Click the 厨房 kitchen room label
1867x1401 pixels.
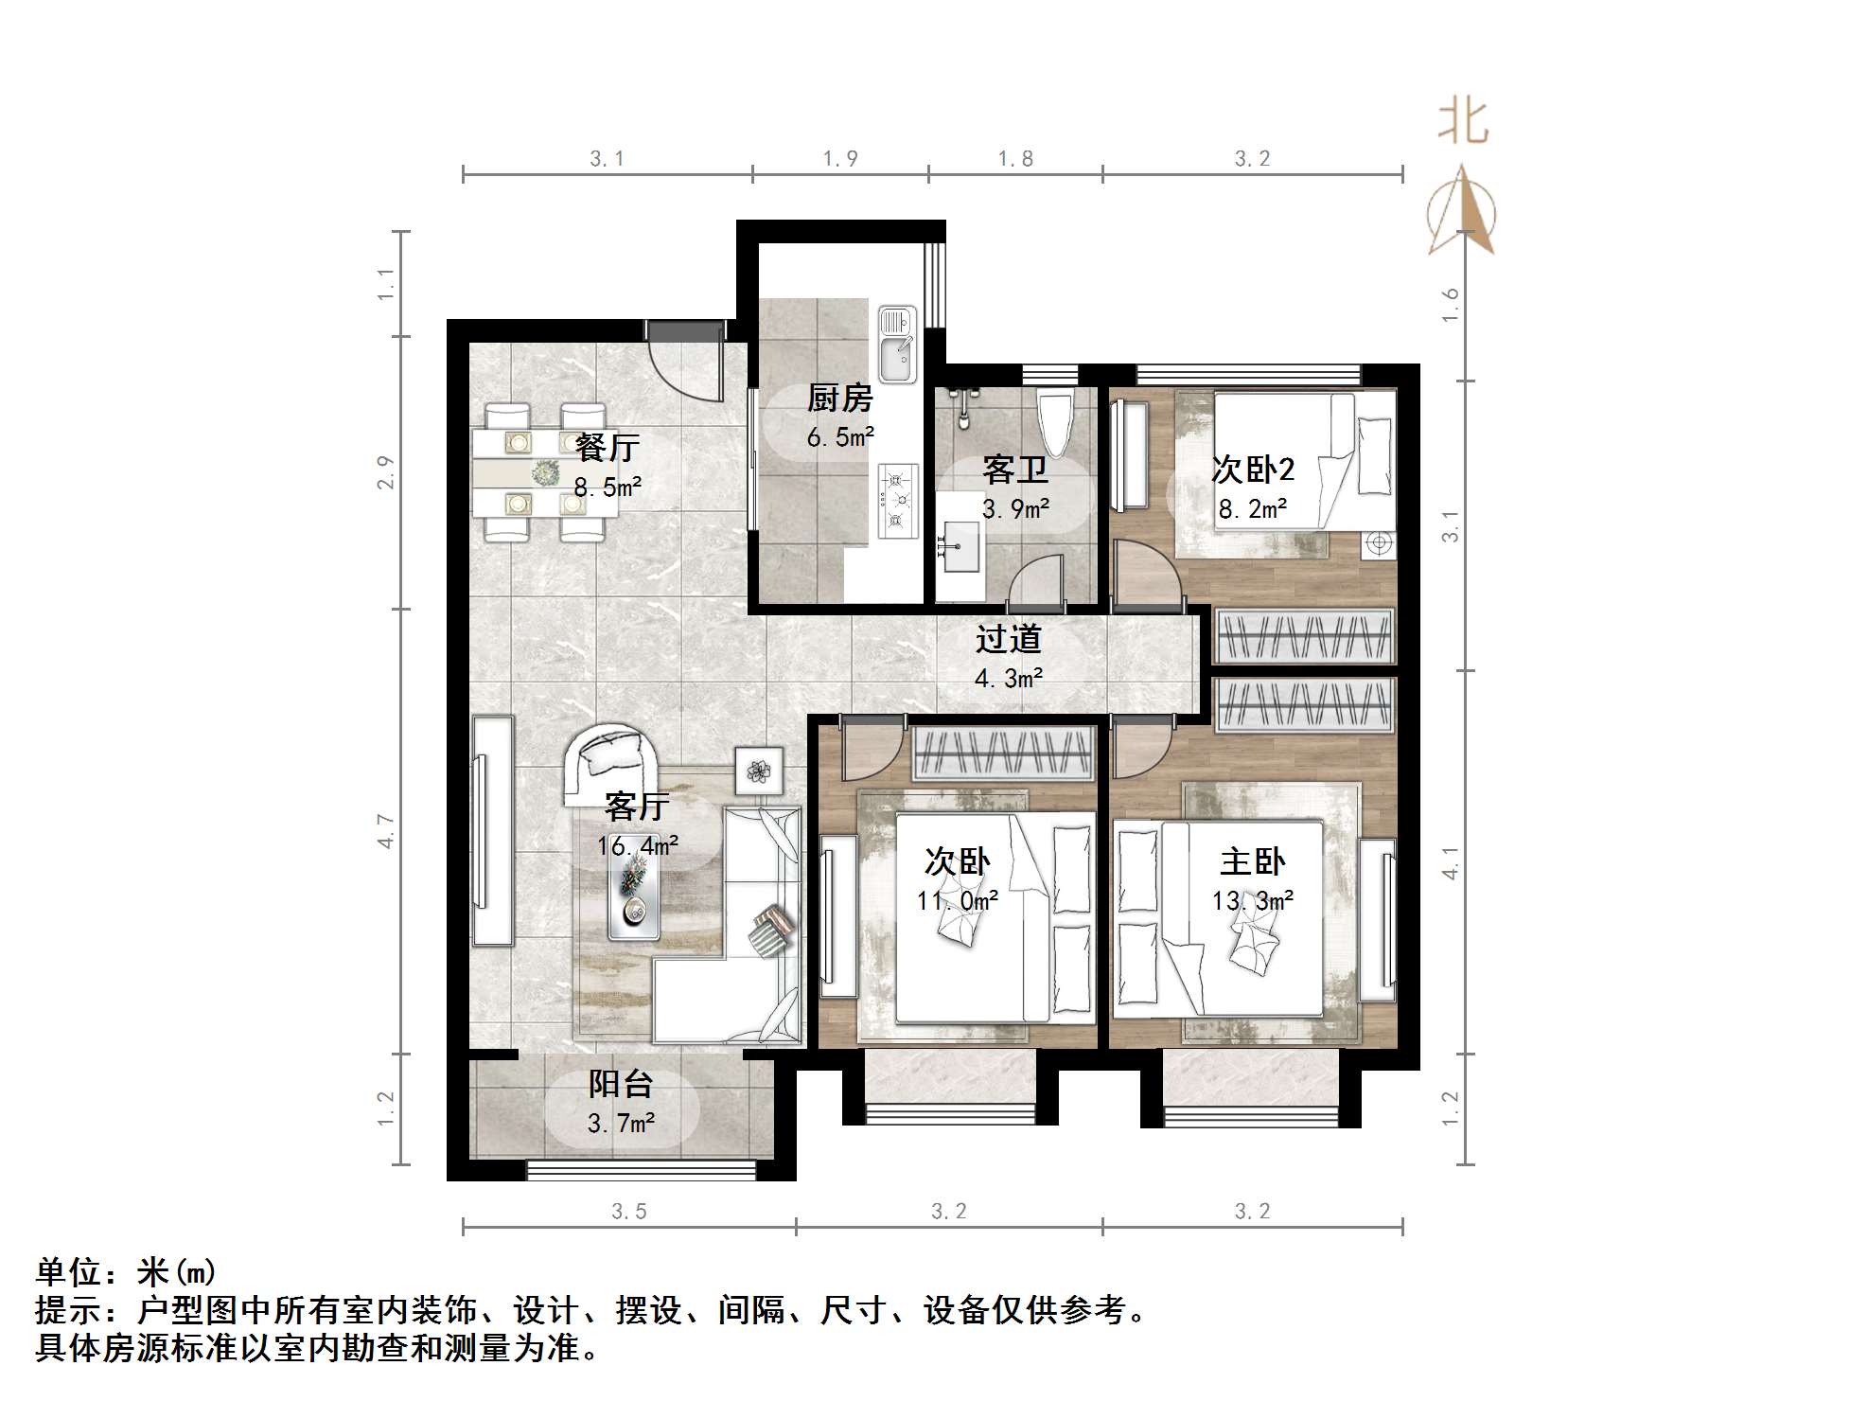[x=839, y=399]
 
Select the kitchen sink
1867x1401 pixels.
[x=897, y=345]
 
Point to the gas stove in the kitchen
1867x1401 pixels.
[x=897, y=499]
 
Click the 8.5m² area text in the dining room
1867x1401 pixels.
[x=608, y=488]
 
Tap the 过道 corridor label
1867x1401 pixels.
[x=1009, y=640]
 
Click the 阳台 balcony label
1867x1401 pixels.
[x=621, y=1084]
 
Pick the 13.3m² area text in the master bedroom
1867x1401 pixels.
[x=1253, y=901]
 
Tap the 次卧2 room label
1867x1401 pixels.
[x=1253, y=470]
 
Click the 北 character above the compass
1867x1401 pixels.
[x=1463, y=123]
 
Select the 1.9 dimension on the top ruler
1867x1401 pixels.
[x=840, y=159]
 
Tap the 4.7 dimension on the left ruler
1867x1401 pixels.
[x=386, y=831]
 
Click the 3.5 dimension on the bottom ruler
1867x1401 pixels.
[x=628, y=1212]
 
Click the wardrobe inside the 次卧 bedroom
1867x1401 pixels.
[x=1002, y=754]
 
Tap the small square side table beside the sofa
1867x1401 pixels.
[x=759, y=771]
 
